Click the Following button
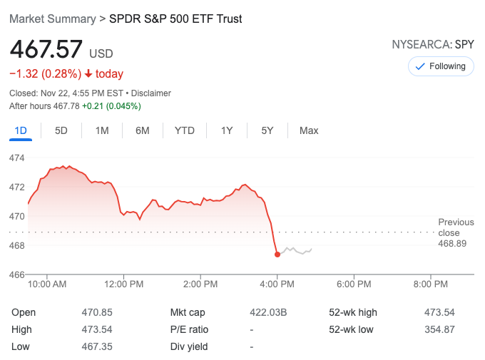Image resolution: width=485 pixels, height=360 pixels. (440, 66)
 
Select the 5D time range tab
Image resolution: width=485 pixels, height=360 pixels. (61, 130)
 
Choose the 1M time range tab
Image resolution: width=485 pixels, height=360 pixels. (102, 130)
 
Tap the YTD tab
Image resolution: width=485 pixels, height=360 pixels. (185, 130)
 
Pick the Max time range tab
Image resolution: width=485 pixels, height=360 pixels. (309, 130)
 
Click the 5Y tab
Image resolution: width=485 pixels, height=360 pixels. (267, 130)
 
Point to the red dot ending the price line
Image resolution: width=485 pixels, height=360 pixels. (277, 254)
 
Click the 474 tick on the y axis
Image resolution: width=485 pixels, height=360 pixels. (17, 158)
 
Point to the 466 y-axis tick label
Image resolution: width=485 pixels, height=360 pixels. (17, 274)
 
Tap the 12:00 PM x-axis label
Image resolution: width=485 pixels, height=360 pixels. (123, 284)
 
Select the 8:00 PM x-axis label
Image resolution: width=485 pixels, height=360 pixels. (430, 284)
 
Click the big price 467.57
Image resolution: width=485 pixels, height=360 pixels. (46, 50)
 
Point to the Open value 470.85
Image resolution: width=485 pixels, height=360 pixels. (97, 312)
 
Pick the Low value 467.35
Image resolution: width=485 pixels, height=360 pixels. (97, 346)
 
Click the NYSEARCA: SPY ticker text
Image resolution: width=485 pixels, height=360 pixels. (433, 44)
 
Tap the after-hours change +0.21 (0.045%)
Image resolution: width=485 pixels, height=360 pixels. (111, 106)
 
